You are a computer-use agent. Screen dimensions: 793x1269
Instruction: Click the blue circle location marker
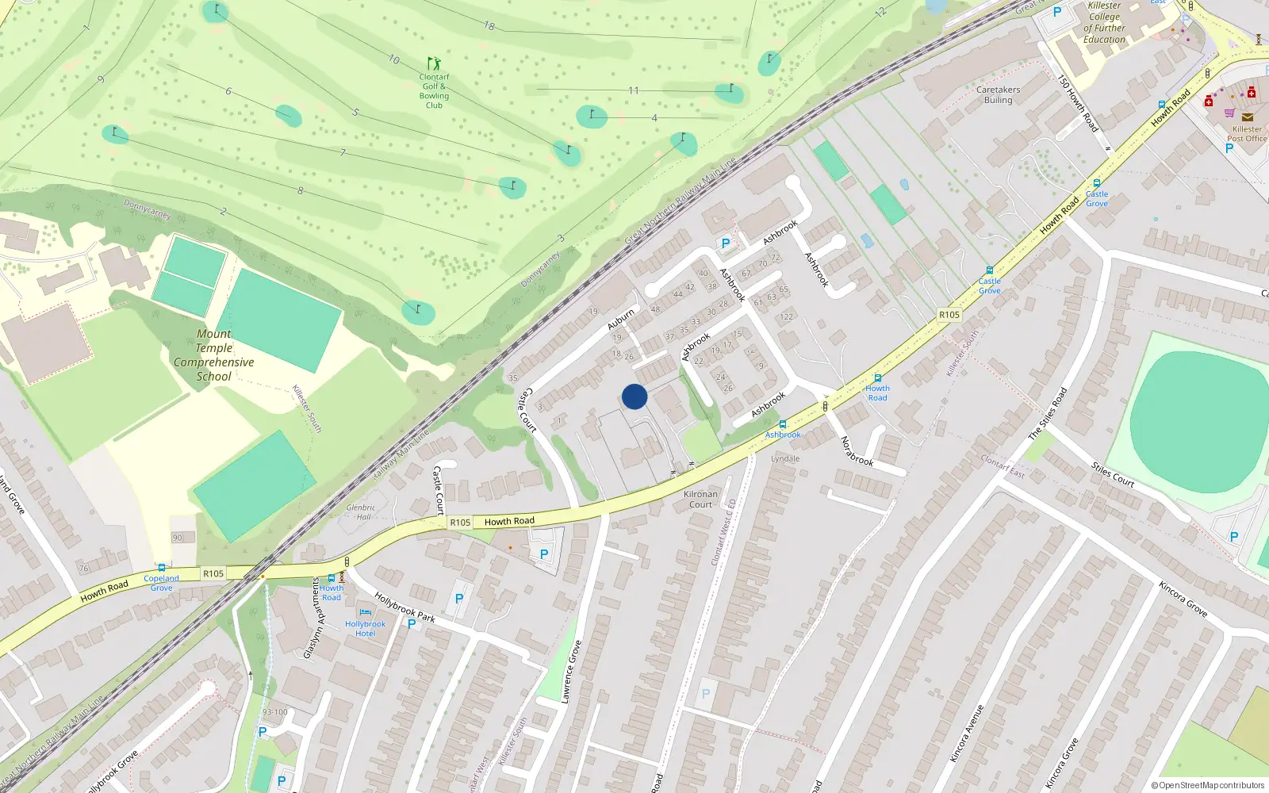(x=634, y=396)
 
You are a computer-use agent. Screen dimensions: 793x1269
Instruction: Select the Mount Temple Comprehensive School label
(x=214, y=355)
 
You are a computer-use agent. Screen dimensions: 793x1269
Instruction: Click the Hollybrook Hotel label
(x=365, y=629)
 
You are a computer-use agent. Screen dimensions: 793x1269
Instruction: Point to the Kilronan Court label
(x=700, y=499)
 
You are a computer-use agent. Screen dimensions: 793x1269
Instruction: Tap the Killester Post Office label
(x=1247, y=134)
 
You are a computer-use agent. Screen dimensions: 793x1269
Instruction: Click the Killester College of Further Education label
(x=1105, y=22)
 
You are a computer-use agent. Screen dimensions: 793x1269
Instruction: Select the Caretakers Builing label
(x=998, y=95)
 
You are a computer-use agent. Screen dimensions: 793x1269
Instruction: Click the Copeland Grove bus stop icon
(x=162, y=568)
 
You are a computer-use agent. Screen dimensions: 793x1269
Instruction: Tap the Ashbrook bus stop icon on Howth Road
(x=783, y=425)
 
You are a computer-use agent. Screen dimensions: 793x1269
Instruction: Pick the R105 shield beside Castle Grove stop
(x=949, y=315)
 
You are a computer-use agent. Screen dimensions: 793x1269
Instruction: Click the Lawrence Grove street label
(x=571, y=672)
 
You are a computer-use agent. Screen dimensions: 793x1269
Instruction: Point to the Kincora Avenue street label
(x=968, y=734)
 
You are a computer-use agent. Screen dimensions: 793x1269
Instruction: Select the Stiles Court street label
(x=1113, y=474)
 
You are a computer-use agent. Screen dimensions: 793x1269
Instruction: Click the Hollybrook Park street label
(x=404, y=607)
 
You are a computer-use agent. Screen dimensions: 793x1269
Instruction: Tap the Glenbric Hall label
(x=360, y=512)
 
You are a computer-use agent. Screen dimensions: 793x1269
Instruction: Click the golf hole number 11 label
(x=633, y=90)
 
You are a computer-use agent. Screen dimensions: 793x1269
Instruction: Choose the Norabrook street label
(x=857, y=451)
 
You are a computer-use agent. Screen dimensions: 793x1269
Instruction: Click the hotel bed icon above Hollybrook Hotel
(x=365, y=612)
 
